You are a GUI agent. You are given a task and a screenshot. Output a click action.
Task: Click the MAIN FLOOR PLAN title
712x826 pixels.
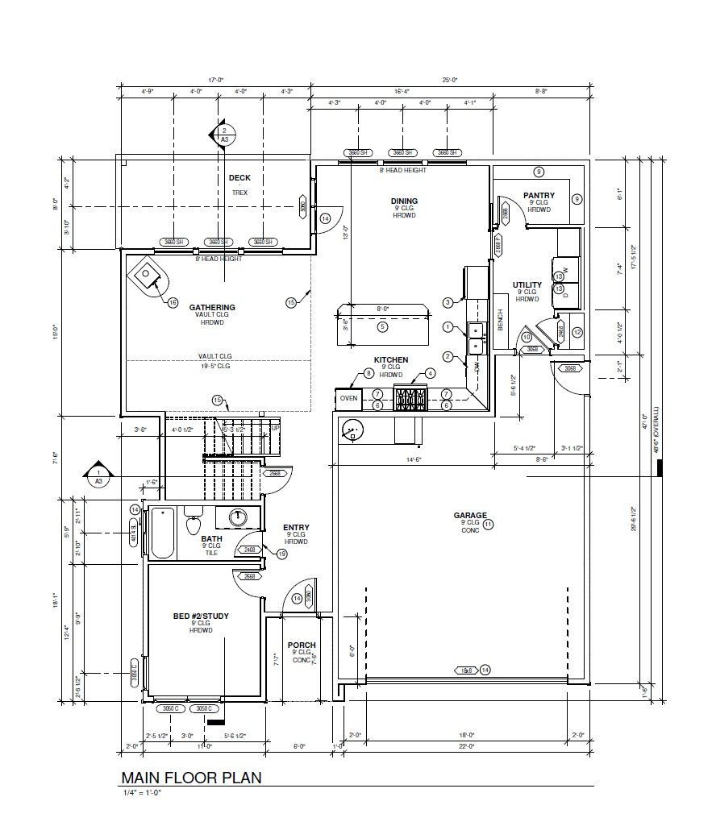click(x=191, y=777)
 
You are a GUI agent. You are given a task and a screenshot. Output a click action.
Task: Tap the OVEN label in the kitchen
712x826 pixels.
click(x=348, y=399)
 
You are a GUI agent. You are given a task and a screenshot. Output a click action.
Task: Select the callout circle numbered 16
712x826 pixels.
click(x=173, y=303)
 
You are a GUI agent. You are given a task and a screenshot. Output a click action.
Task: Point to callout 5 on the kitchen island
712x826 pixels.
click(x=383, y=326)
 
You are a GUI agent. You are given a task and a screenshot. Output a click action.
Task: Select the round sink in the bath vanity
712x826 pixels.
click(x=238, y=517)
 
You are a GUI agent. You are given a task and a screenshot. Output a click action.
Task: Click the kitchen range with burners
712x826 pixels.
click(x=410, y=399)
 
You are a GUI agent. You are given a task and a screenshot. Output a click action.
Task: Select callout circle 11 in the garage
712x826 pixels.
click(x=488, y=524)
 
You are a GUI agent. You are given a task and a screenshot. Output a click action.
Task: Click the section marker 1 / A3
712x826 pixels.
click(x=98, y=476)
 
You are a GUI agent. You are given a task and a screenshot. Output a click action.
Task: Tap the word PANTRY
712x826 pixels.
click(x=539, y=195)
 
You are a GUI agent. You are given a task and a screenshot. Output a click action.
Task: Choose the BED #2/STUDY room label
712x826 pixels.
click(x=201, y=616)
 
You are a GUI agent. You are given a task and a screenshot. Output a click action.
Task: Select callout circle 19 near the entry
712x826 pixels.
click(x=282, y=554)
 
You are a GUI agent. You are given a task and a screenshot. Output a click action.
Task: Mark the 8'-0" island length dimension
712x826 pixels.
click(x=383, y=309)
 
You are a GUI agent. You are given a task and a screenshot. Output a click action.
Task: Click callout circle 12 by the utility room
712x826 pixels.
click(x=577, y=332)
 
